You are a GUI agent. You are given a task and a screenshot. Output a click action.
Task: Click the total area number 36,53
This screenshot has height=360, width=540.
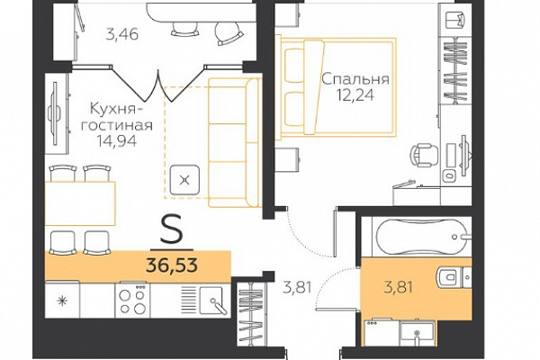172,265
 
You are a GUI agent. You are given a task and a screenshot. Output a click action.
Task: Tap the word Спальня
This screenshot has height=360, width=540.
355,79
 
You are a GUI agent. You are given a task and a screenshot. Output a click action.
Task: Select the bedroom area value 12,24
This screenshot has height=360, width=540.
355,95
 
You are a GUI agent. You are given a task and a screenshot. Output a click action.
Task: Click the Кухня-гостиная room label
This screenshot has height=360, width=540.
116,117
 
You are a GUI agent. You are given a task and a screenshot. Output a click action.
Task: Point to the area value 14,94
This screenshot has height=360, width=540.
116,140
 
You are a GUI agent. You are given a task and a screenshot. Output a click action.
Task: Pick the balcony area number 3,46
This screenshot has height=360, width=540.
121,34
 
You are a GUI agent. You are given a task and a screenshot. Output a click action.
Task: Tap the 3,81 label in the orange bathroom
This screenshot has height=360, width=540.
399,286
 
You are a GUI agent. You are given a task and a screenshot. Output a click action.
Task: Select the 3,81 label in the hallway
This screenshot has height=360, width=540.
297,286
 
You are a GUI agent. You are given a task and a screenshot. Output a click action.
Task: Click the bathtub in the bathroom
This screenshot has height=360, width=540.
423,237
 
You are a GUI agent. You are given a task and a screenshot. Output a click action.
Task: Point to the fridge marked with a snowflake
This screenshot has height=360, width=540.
62,300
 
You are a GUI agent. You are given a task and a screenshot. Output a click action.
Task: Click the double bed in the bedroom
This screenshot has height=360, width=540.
336,87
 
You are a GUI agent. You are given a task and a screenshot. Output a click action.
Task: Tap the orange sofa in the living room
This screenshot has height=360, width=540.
234,142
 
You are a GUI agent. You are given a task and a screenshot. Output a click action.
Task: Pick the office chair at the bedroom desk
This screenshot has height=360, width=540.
425,155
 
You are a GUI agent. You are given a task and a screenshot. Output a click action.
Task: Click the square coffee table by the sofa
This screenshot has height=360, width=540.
184,180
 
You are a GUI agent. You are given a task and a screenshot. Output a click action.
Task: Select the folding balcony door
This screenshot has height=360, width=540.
158,83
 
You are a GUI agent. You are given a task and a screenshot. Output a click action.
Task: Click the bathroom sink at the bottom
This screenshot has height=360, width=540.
417,333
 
